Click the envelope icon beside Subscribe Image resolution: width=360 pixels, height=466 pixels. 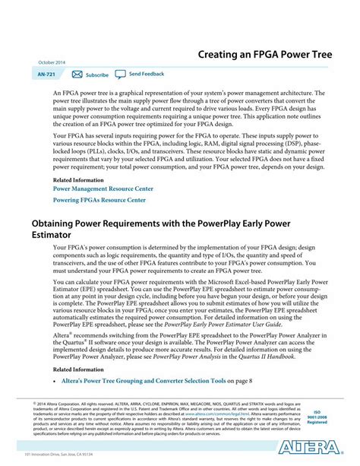[x=77, y=74]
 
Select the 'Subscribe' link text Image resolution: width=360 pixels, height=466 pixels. [x=97, y=75]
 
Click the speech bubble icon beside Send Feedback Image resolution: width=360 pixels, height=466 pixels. [x=122, y=74]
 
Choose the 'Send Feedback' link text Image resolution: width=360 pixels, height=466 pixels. [x=147, y=74]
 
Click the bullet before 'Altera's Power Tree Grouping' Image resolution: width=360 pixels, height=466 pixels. [x=56, y=379]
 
